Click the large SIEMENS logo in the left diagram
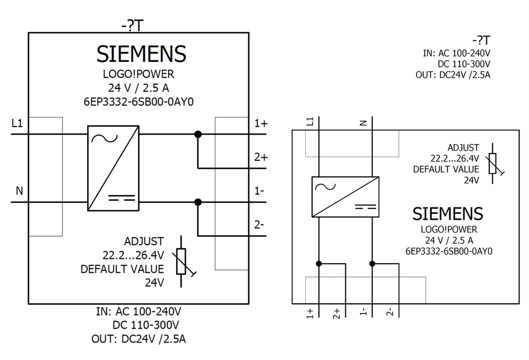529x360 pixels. (141, 54)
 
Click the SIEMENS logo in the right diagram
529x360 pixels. (448, 214)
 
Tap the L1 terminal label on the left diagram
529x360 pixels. (17, 123)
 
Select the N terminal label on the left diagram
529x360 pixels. (19, 191)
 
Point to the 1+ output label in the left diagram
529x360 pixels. (261, 123)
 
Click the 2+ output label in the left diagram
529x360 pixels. (261, 157)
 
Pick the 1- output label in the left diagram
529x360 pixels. (260, 191)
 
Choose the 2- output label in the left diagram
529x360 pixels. (260, 224)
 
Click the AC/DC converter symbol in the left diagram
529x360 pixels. (113, 168)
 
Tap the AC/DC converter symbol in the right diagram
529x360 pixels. (345, 196)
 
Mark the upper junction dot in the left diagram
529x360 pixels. (198, 134)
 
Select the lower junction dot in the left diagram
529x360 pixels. (198, 202)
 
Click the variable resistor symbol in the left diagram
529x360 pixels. (181, 262)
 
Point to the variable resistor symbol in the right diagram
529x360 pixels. (493, 163)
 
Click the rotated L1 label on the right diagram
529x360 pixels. (311, 121)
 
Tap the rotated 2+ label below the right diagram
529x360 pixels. (337, 312)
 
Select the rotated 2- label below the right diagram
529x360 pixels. (390, 312)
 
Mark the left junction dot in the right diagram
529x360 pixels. (318, 264)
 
